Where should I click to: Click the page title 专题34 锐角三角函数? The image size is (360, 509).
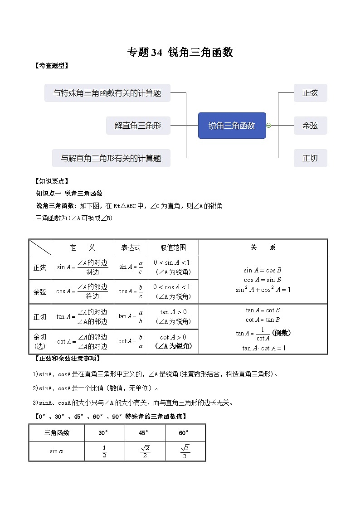pyautogui.click(x=180, y=53)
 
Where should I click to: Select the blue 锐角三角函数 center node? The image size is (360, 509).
pyautogui.click(x=232, y=126)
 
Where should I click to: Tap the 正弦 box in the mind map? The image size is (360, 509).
pyautogui.click(x=310, y=93)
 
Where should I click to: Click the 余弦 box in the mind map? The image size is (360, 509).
pyautogui.click(x=310, y=126)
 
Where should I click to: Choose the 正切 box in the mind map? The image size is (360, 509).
pyautogui.click(x=310, y=158)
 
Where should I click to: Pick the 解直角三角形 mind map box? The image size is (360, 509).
pyautogui.click(x=138, y=126)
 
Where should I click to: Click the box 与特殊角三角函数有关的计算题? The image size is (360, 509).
pyautogui.click(x=107, y=93)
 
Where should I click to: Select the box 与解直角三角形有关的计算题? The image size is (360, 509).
pyautogui.click(x=111, y=158)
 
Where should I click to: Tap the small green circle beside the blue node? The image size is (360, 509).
pyautogui.click(x=268, y=126)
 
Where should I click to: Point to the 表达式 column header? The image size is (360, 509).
pyautogui.click(x=131, y=247)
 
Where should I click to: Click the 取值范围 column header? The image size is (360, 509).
pyautogui.click(x=173, y=247)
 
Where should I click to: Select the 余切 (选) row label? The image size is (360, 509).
pyautogui.click(x=40, y=342)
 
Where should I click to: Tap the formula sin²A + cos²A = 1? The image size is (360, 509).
pyautogui.click(x=263, y=290)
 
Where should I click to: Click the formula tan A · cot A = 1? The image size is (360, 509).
pyautogui.click(x=264, y=348)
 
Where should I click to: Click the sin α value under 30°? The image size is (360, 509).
pyautogui.click(x=104, y=451)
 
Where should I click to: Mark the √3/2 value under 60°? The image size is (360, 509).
pyautogui.click(x=185, y=451)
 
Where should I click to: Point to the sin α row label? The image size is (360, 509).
pyautogui.click(x=57, y=451)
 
